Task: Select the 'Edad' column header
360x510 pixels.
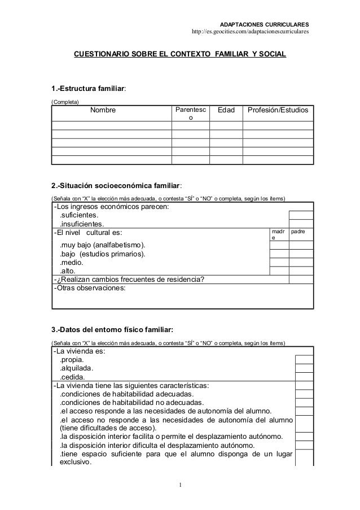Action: pos(230,111)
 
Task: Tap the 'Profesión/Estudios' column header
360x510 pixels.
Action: pos(278,111)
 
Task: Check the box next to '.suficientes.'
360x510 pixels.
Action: pos(301,215)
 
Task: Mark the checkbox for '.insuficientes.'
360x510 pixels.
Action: pos(301,223)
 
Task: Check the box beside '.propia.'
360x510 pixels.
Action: pos(304,360)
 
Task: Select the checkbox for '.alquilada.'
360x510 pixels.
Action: pos(304,368)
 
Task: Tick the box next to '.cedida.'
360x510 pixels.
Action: pos(304,377)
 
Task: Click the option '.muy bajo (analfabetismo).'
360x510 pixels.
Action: pos(102,245)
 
